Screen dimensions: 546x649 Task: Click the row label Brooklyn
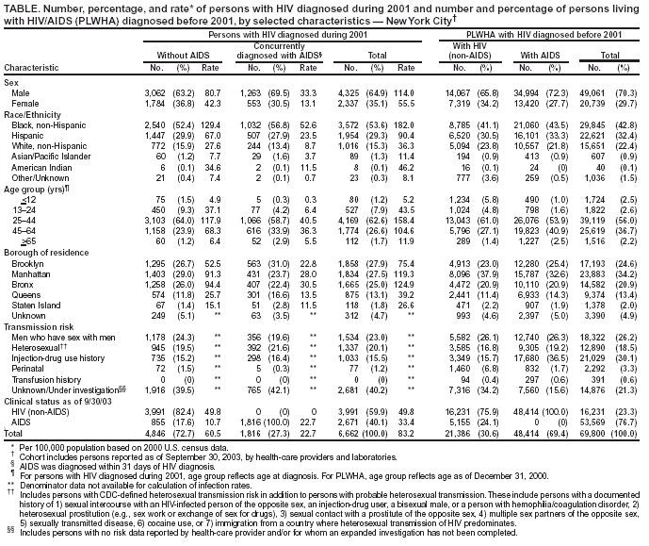(29, 263)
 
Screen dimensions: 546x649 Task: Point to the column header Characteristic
(29, 68)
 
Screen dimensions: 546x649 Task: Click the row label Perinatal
(27, 371)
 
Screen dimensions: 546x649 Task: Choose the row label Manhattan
(30, 273)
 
